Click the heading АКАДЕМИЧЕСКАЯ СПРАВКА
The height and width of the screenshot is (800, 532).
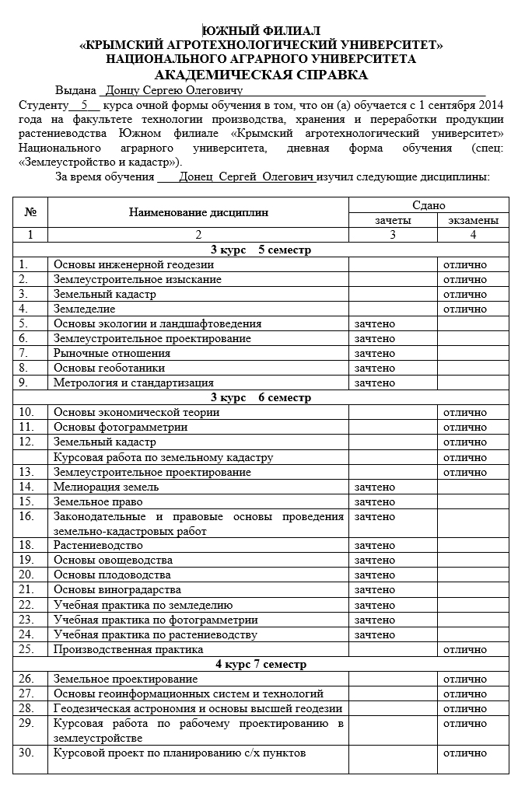click(261, 75)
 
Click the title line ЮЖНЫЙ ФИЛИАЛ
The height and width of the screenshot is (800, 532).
click(261, 30)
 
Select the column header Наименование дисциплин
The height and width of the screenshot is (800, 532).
click(198, 212)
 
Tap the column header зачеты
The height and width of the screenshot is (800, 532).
click(393, 220)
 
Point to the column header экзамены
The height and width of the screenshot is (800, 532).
click(473, 220)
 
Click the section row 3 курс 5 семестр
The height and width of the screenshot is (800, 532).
click(261, 250)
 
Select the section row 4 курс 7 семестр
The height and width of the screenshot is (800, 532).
click(261, 665)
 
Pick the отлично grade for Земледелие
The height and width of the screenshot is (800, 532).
click(464, 309)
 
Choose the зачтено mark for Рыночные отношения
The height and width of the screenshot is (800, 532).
click(375, 354)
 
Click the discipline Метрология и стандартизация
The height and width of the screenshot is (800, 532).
click(133, 383)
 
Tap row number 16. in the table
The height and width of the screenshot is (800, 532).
click(27, 516)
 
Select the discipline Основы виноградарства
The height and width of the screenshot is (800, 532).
click(117, 590)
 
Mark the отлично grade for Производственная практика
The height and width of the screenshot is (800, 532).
click(464, 649)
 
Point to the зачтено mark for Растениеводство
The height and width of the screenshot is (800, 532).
click(375, 546)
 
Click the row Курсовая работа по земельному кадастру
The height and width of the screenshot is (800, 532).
click(163, 457)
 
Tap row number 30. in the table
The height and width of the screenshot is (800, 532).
click(27, 753)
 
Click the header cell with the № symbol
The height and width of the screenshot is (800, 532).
click(31, 212)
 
